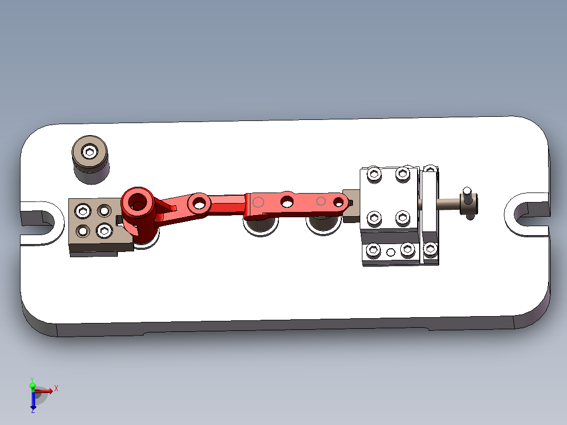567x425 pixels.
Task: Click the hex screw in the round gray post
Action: click(x=90, y=153)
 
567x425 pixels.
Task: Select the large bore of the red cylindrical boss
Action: click(x=138, y=201)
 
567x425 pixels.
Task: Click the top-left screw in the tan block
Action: click(x=83, y=211)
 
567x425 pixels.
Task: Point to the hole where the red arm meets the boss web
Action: click(x=199, y=201)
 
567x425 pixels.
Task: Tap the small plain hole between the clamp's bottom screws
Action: click(x=390, y=252)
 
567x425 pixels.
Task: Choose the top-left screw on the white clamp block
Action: click(x=374, y=174)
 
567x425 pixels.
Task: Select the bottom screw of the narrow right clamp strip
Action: click(x=431, y=249)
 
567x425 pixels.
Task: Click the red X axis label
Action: click(x=56, y=388)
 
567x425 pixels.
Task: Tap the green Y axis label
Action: click(x=32, y=379)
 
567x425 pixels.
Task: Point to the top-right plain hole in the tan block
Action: click(x=104, y=211)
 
